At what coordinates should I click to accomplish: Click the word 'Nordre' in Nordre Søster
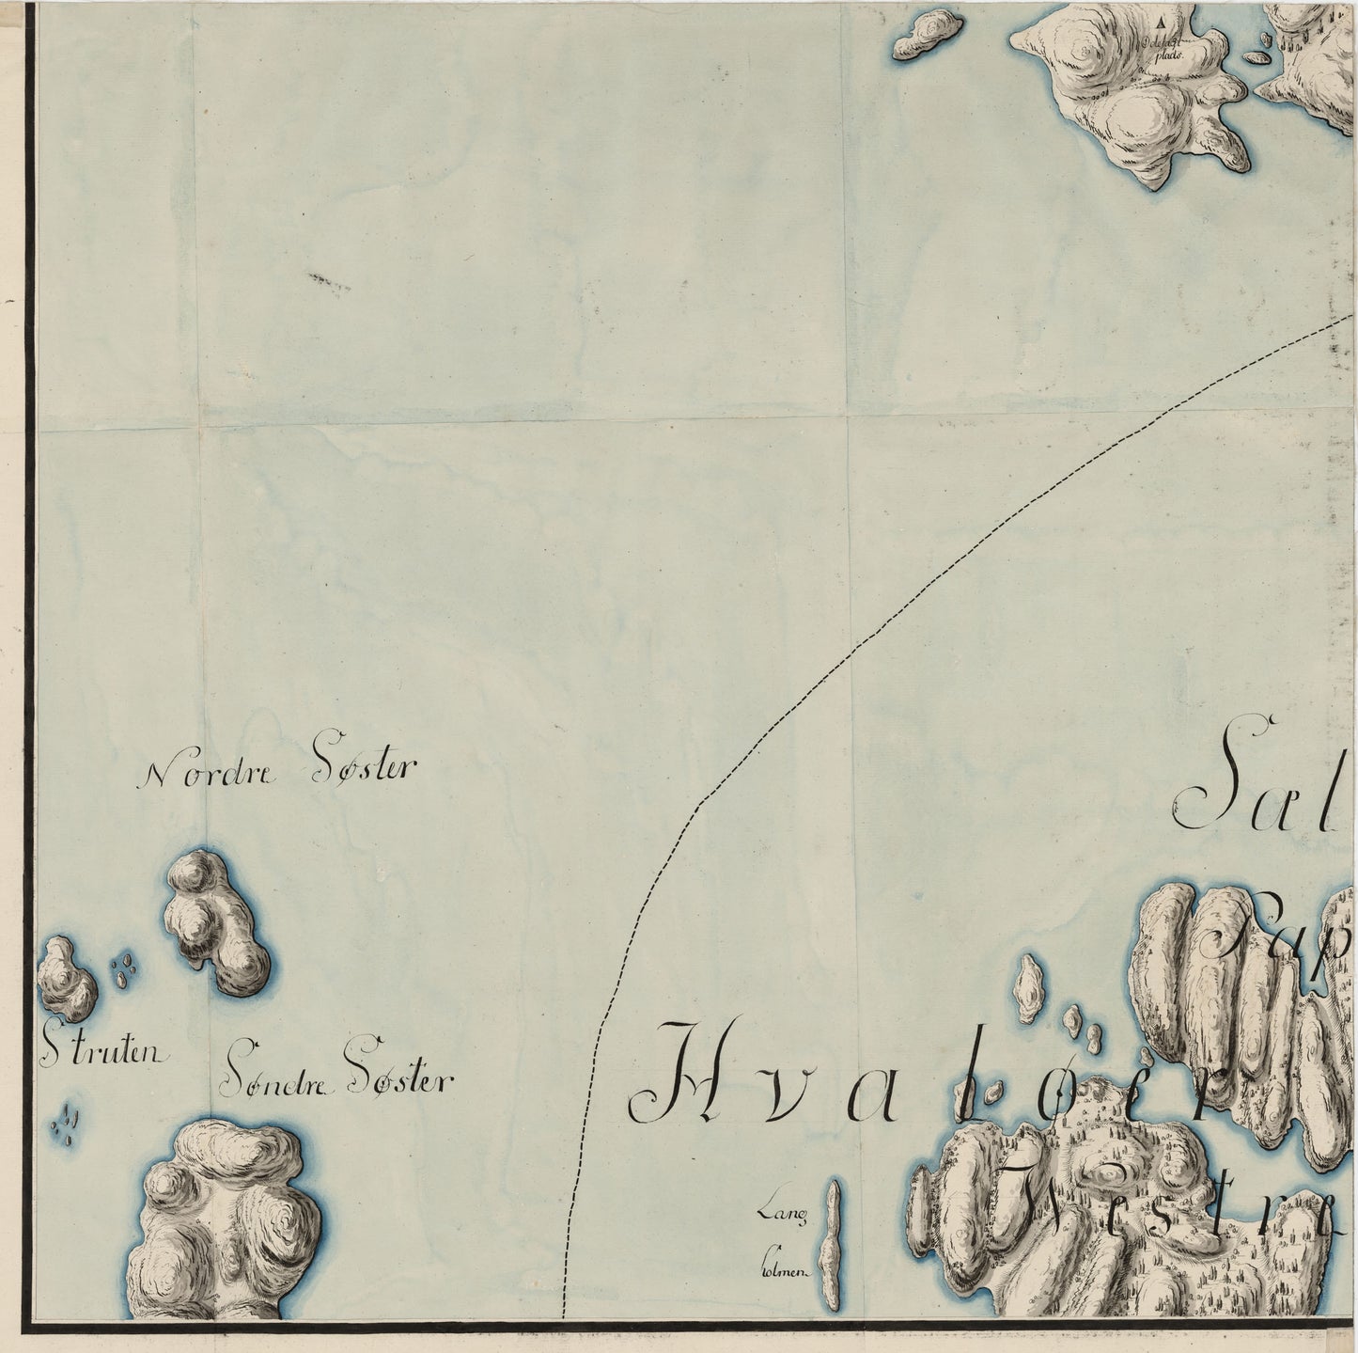[x=209, y=773]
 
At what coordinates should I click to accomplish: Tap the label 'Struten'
[x=103, y=1053]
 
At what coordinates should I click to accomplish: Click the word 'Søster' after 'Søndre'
[x=398, y=1079]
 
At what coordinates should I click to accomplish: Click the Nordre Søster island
[x=216, y=922]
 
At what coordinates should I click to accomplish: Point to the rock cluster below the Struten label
[x=68, y=1125]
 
